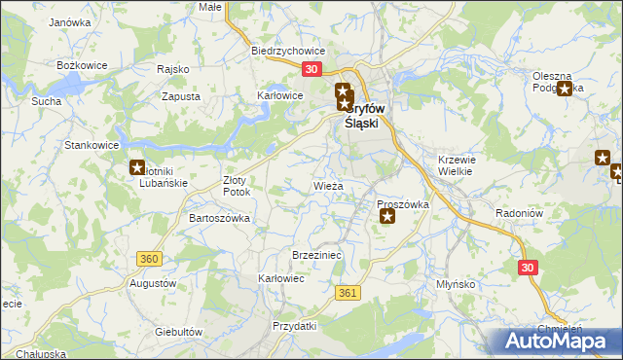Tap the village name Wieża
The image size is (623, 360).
coord(328,185)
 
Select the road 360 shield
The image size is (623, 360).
coord(149,259)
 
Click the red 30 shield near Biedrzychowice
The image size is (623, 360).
coord(311,70)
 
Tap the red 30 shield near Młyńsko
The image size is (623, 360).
coord(528,267)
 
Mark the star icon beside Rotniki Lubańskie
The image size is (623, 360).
coord(137,167)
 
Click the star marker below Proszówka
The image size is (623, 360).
coord(387,217)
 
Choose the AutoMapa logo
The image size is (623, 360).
coord(555,342)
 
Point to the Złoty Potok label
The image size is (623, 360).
coord(237,186)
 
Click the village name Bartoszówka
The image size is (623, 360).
coord(219,219)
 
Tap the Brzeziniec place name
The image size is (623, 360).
coord(315,254)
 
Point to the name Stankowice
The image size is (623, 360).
coord(92,145)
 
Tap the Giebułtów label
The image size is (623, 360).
coord(178,332)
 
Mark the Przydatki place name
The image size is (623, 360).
coord(295,326)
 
